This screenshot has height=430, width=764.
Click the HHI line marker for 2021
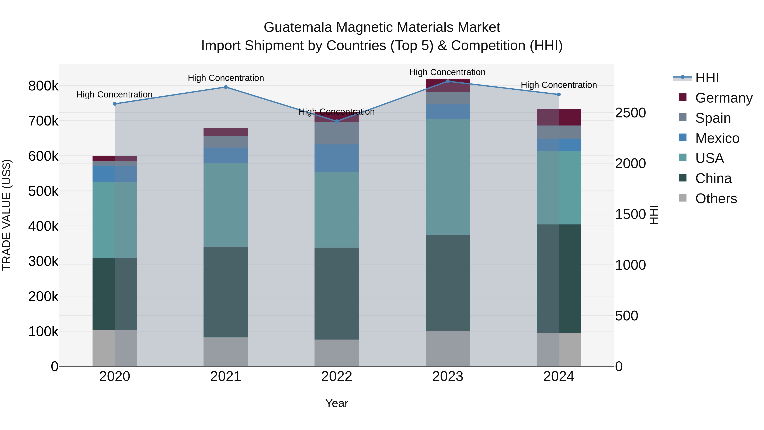coord(226,87)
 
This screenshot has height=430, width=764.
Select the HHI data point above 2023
coord(448,81)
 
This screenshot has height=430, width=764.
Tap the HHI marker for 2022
coord(337,121)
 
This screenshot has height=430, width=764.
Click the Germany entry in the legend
coord(724,98)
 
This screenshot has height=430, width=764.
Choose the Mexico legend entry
coord(717,138)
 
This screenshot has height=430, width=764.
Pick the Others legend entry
coord(716,199)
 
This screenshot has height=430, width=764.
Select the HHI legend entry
coord(707,78)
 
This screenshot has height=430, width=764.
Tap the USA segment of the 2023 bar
coord(448,177)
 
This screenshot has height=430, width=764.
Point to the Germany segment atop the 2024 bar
coord(559,117)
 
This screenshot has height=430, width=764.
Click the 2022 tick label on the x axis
coord(337,376)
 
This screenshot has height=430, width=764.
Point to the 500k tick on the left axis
coord(43,191)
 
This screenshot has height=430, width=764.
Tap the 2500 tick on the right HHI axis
coord(631,113)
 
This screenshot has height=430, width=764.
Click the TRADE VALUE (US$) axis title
coord(7,215)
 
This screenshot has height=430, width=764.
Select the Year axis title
coord(337,403)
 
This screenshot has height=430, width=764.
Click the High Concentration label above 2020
coord(114,94)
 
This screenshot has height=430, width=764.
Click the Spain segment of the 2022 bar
coord(337,133)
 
